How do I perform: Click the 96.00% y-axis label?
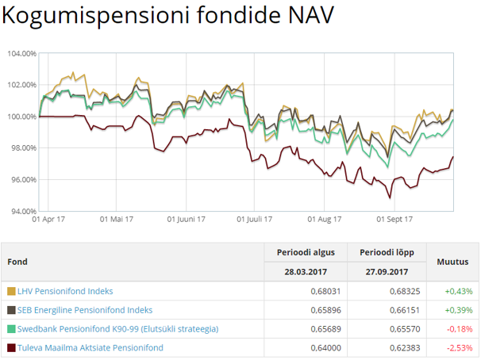(x=21, y=180)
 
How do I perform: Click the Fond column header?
(x=17, y=262)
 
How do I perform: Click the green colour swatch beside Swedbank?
(x=11, y=329)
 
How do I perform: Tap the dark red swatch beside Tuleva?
(x=11, y=347)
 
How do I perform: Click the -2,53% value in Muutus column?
(x=460, y=347)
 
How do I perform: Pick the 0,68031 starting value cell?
(x=319, y=291)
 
